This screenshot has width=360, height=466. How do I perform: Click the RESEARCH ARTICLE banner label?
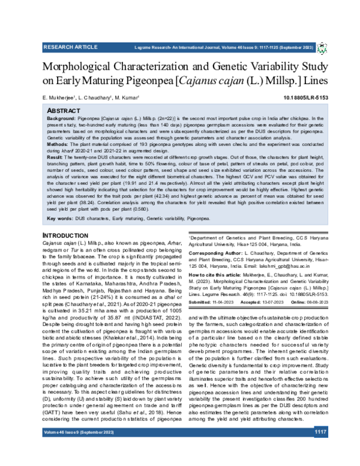pyautogui.click(x=70, y=46)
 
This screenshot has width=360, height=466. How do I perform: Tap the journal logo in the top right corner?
pyautogui.click(x=322, y=46)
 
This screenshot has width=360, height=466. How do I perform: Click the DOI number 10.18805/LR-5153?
pyautogui.click(x=305, y=97)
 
